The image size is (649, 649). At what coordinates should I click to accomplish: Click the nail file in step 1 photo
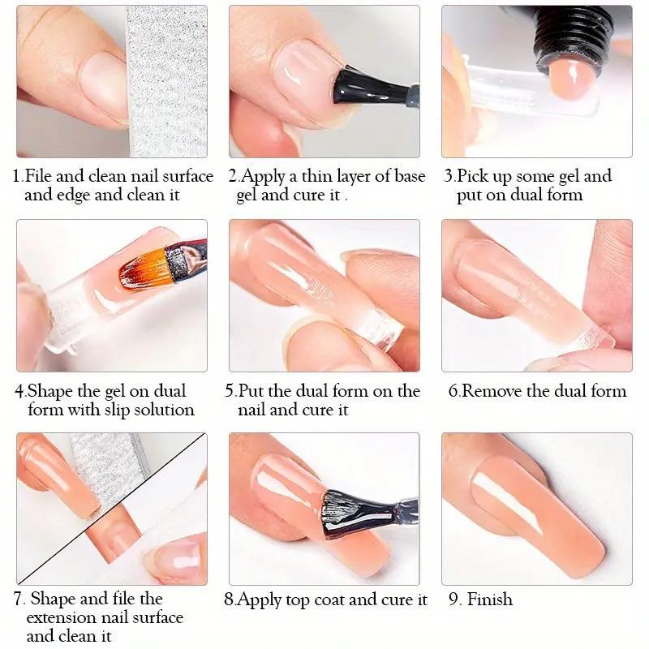pyautogui.click(x=167, y=81)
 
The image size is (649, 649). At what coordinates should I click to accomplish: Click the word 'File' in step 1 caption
pyautogui.click(x=41, y=176)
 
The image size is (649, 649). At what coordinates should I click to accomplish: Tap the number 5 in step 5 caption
pyautogui.click(x=230, y=391)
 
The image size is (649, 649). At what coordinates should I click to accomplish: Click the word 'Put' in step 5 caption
pyautogui.click(x=251, y=391)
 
